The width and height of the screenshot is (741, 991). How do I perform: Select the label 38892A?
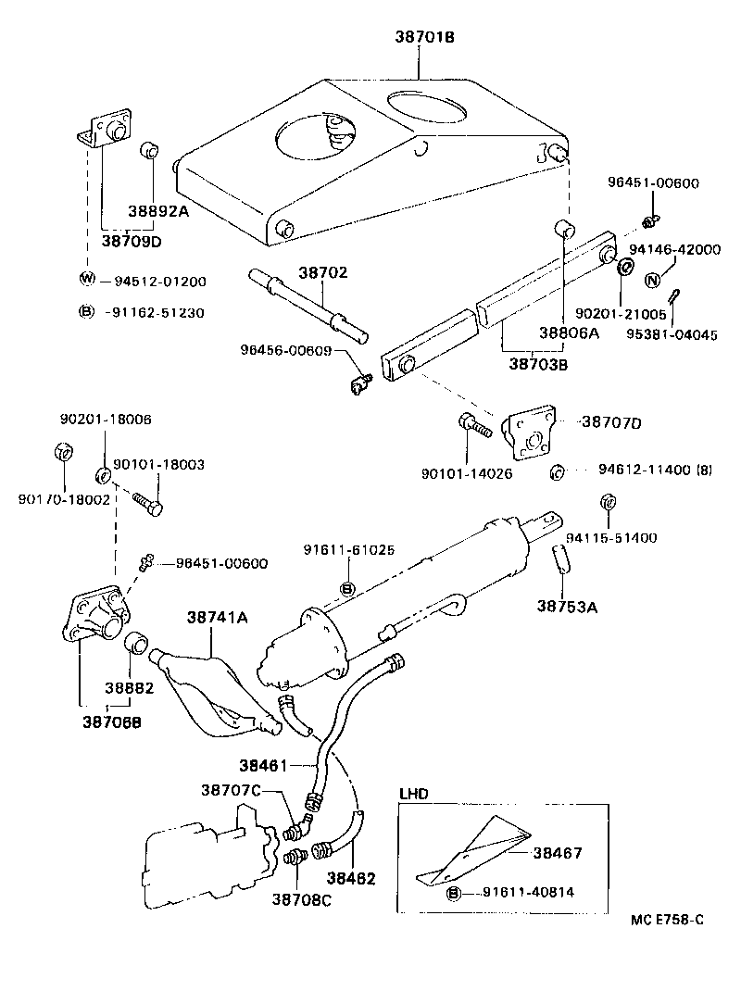157,210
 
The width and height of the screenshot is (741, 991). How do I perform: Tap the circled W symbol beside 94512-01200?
87,281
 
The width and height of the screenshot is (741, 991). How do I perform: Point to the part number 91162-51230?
158,312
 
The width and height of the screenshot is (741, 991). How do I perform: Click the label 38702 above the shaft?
322,272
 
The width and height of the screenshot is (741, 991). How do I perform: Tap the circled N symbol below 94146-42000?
652,281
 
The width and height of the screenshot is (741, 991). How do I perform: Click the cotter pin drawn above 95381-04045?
678,299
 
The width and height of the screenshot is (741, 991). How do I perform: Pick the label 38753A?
567,608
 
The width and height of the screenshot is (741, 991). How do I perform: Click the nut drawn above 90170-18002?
64,453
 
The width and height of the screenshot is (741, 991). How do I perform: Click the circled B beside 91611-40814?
454,893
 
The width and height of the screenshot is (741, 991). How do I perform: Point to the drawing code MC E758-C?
667,920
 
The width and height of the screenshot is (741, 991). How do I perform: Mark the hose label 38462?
351,877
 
